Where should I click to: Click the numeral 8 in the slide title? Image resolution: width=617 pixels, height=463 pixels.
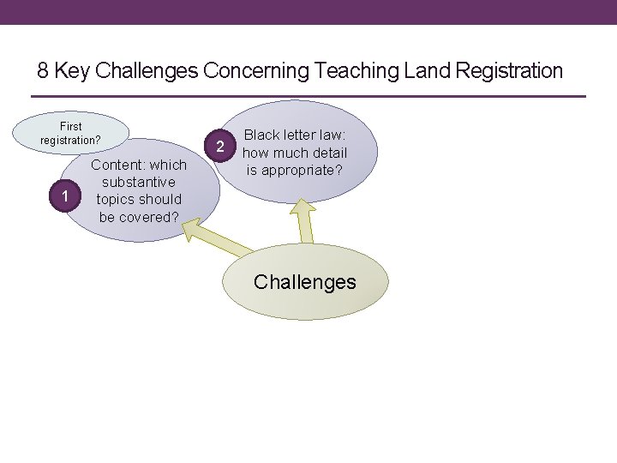click(x=44, y=70)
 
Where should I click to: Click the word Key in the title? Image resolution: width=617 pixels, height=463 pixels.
click(x=71, y=70)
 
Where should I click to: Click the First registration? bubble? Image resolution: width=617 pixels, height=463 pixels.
click(x=71, y=133)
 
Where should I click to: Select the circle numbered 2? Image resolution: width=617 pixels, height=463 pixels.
click(x=220, y=147)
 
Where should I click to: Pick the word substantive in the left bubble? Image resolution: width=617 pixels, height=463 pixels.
click(x=138, y=182)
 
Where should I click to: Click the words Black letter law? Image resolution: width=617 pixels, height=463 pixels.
click(x=294, y=135)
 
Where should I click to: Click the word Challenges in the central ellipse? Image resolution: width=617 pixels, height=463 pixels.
click(x=304, y=281)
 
